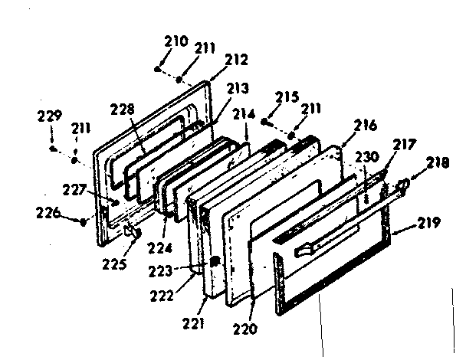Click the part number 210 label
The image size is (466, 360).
[x=176, y=41]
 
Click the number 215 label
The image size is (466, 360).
[x=287, y=98]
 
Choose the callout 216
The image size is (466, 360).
[x=366, y=126]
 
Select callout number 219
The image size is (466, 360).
[x=429, y=224]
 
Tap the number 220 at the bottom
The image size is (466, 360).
[x=247, y=330]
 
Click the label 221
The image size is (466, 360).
[x=195, y=324]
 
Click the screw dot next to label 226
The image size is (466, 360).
[x=83, y=223]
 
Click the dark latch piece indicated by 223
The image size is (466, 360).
[x=214, y=260]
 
